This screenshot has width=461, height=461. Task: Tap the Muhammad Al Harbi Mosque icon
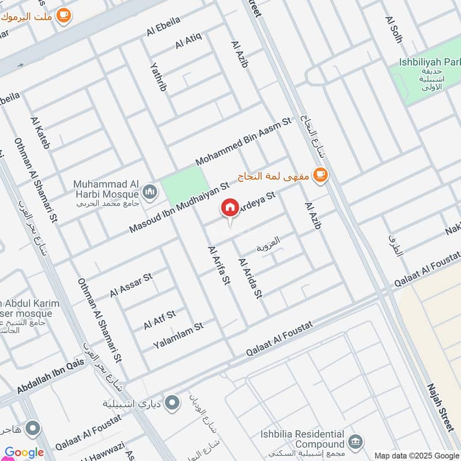point(150,191)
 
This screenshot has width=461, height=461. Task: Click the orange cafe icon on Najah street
point(320,175)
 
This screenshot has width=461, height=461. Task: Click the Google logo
point(24,452)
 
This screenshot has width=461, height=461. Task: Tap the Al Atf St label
point(160,319)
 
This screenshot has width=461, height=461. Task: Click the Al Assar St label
point(131,285)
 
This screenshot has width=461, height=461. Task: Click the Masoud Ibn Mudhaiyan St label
point(179,206)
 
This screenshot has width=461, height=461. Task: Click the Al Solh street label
point(394,29)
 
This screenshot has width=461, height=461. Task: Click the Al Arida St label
point(250,278)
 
